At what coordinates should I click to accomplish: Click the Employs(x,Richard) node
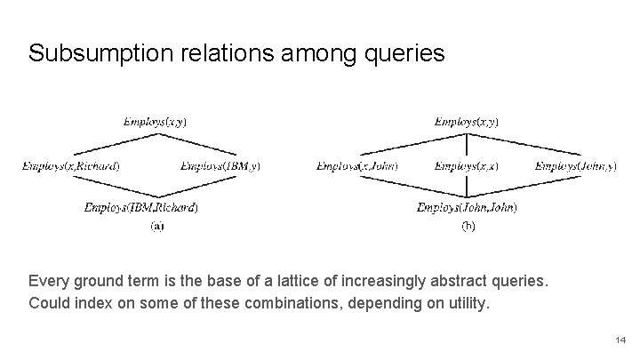pos(72,165)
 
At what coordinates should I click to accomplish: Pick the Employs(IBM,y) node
pos(220,165)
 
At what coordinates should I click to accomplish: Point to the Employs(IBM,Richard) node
pos(141,208)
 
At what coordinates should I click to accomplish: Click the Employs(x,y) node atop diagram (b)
pos(467,121)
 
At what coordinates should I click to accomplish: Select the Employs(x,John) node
pos(357,165)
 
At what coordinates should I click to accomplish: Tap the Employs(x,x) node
pos(467,165)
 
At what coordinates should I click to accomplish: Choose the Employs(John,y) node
pos(576,165)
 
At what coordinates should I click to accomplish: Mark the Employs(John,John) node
pos(467,208)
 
